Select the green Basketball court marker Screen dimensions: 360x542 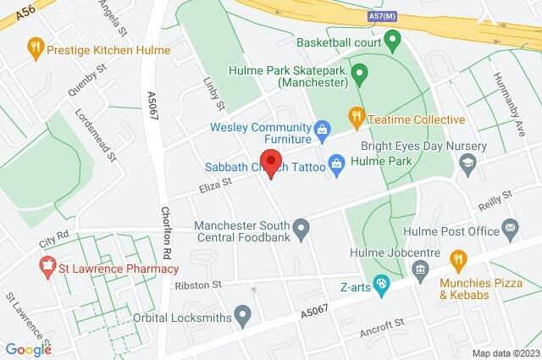click(392, 40)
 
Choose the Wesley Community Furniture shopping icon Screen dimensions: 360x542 click(322, 129)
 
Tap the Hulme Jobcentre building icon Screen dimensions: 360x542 click(421, 269)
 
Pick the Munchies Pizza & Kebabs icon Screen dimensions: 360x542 click(457, 257)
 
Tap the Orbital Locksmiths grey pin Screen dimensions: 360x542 click(243, 318)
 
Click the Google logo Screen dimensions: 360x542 click(28, 350)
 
